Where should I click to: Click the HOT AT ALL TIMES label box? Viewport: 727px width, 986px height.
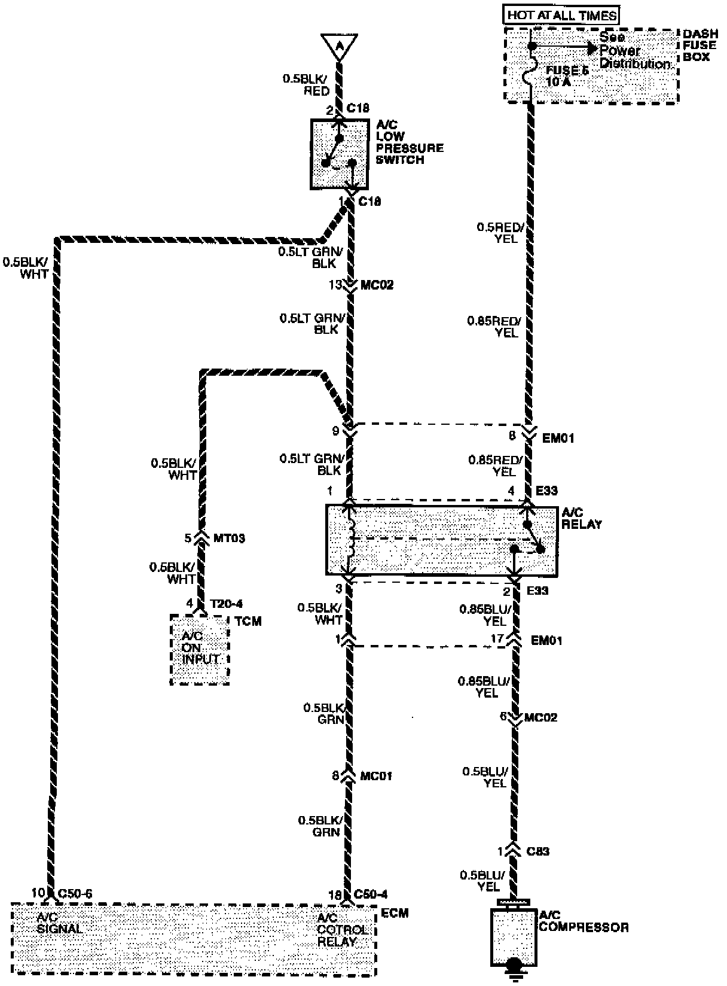click(x=561, y=16)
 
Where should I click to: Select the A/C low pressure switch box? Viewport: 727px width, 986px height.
click(x=339, y=154)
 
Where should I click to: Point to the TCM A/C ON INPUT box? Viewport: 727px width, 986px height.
click(x=200, y=649)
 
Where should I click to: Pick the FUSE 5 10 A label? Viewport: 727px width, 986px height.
click(x=567, y=76)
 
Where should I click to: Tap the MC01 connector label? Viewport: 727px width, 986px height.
click(x=376, y=776)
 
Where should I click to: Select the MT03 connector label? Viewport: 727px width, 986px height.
click(x=229, y=538)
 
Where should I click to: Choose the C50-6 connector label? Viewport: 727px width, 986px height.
click(x=74, y=893)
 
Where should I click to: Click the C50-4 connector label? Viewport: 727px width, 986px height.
click(x=371, y=894)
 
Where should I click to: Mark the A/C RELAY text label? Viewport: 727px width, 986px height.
click(x=581, y=519)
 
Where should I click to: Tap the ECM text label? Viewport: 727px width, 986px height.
click(x=395, y=914)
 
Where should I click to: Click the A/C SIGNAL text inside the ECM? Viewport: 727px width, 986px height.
click(x=59, y=923)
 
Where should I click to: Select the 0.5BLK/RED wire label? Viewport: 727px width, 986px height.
click(x=306, y=85)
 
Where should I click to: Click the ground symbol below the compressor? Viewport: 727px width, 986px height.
click(x=513, y=972)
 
